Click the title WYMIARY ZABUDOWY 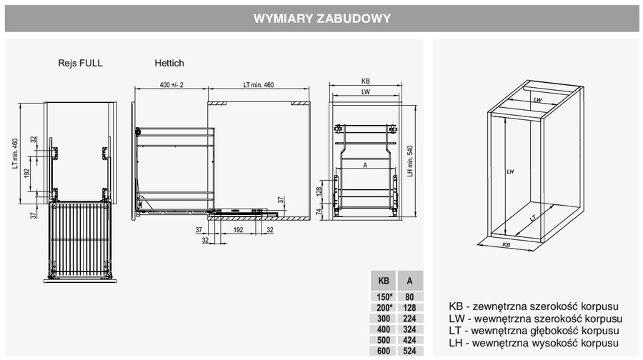click(x=322, y=19)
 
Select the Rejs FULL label click(x=80, y=63)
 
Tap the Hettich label click(x=169, y=63)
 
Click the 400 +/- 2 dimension click(x=171, y=85)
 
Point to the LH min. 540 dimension click(x=410, y=161)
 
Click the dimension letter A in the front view click(x=365, y=165)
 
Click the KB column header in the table click(x=384, y=281)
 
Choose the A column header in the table click(x=409, y=281)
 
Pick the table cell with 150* click(x=384, y=297)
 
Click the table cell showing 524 click(x=409, y=351)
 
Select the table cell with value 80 click(x=409, y=297)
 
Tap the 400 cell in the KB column click(x=384, y=329)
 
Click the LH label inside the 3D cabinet click(x=510, y=171)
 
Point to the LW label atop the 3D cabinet click(x=537, y=100)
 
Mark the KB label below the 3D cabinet click(x=507, y=245)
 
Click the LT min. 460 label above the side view click(x=259, y=85)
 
